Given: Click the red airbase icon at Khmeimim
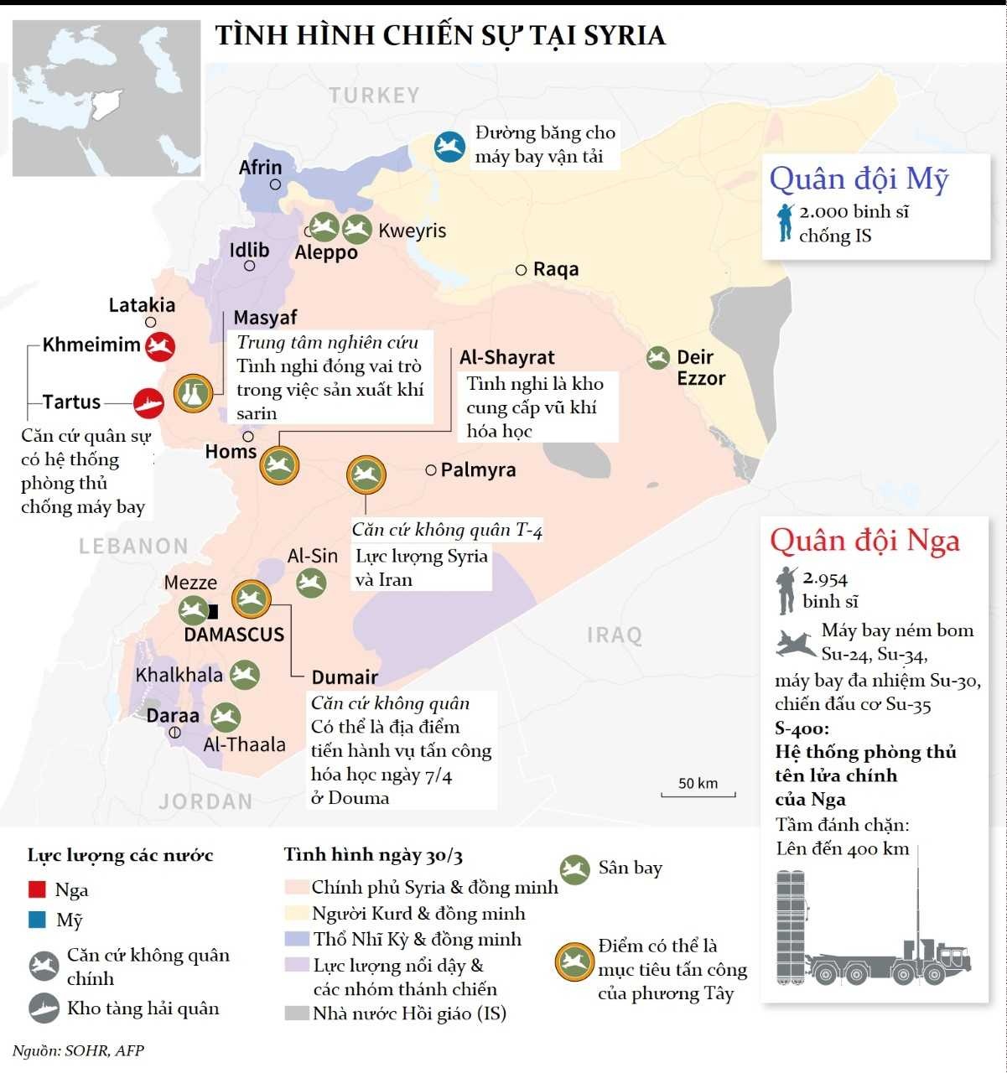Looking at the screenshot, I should coord(159,346).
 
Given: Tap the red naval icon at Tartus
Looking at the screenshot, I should coord(148,403).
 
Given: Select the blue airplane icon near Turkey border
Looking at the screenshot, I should coord(449,147).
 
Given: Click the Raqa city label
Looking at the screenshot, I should coord(555,269).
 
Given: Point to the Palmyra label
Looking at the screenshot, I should coord(478,470).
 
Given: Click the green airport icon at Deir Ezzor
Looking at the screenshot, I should coord(658,358).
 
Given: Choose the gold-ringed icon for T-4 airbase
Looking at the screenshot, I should coord(366,475).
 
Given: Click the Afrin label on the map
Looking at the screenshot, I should coord(260,168).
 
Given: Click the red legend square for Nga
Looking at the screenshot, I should coord(37,889).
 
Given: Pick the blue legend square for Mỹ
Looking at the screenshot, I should coord(37,920).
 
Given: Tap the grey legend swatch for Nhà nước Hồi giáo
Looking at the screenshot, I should coord(297,1013).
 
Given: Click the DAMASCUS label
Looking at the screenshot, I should coord(234,635).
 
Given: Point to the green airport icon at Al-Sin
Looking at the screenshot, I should coord(311,583).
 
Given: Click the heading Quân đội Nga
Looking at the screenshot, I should coord(864,541).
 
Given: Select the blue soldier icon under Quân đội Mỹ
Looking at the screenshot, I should coord(785,222).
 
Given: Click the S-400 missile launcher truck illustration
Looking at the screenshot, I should coord(872,930).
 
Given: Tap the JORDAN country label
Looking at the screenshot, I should coord(205,801).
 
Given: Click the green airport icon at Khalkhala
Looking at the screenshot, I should coord(245,675).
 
